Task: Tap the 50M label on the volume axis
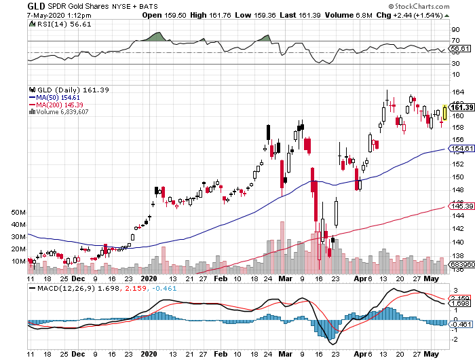(18, 213)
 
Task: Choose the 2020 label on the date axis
(149, 278)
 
